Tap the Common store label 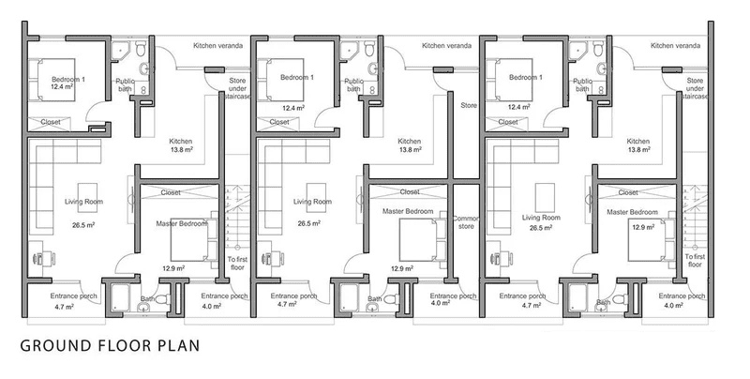pos(465,222)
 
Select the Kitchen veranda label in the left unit pos(218,46)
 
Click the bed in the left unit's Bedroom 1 pos(52,80)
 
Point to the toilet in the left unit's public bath pos(141,48)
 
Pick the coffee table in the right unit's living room pos(545,197)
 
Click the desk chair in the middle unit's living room pos(266,258)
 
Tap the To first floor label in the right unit pos(695,260)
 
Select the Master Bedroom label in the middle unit pos(408,211)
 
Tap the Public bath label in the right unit pos(582,85)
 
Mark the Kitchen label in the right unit pos(638,141)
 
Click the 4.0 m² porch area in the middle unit pos(440,303)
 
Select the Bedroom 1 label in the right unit pos(526,78)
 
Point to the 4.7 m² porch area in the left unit pos(63,307)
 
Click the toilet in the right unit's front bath pos(621,299)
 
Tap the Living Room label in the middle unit pos(312,202)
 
